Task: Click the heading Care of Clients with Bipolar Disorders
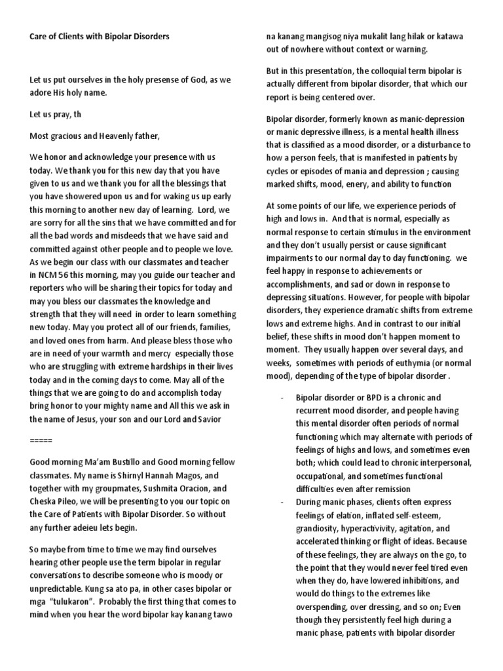coord(100,37)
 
